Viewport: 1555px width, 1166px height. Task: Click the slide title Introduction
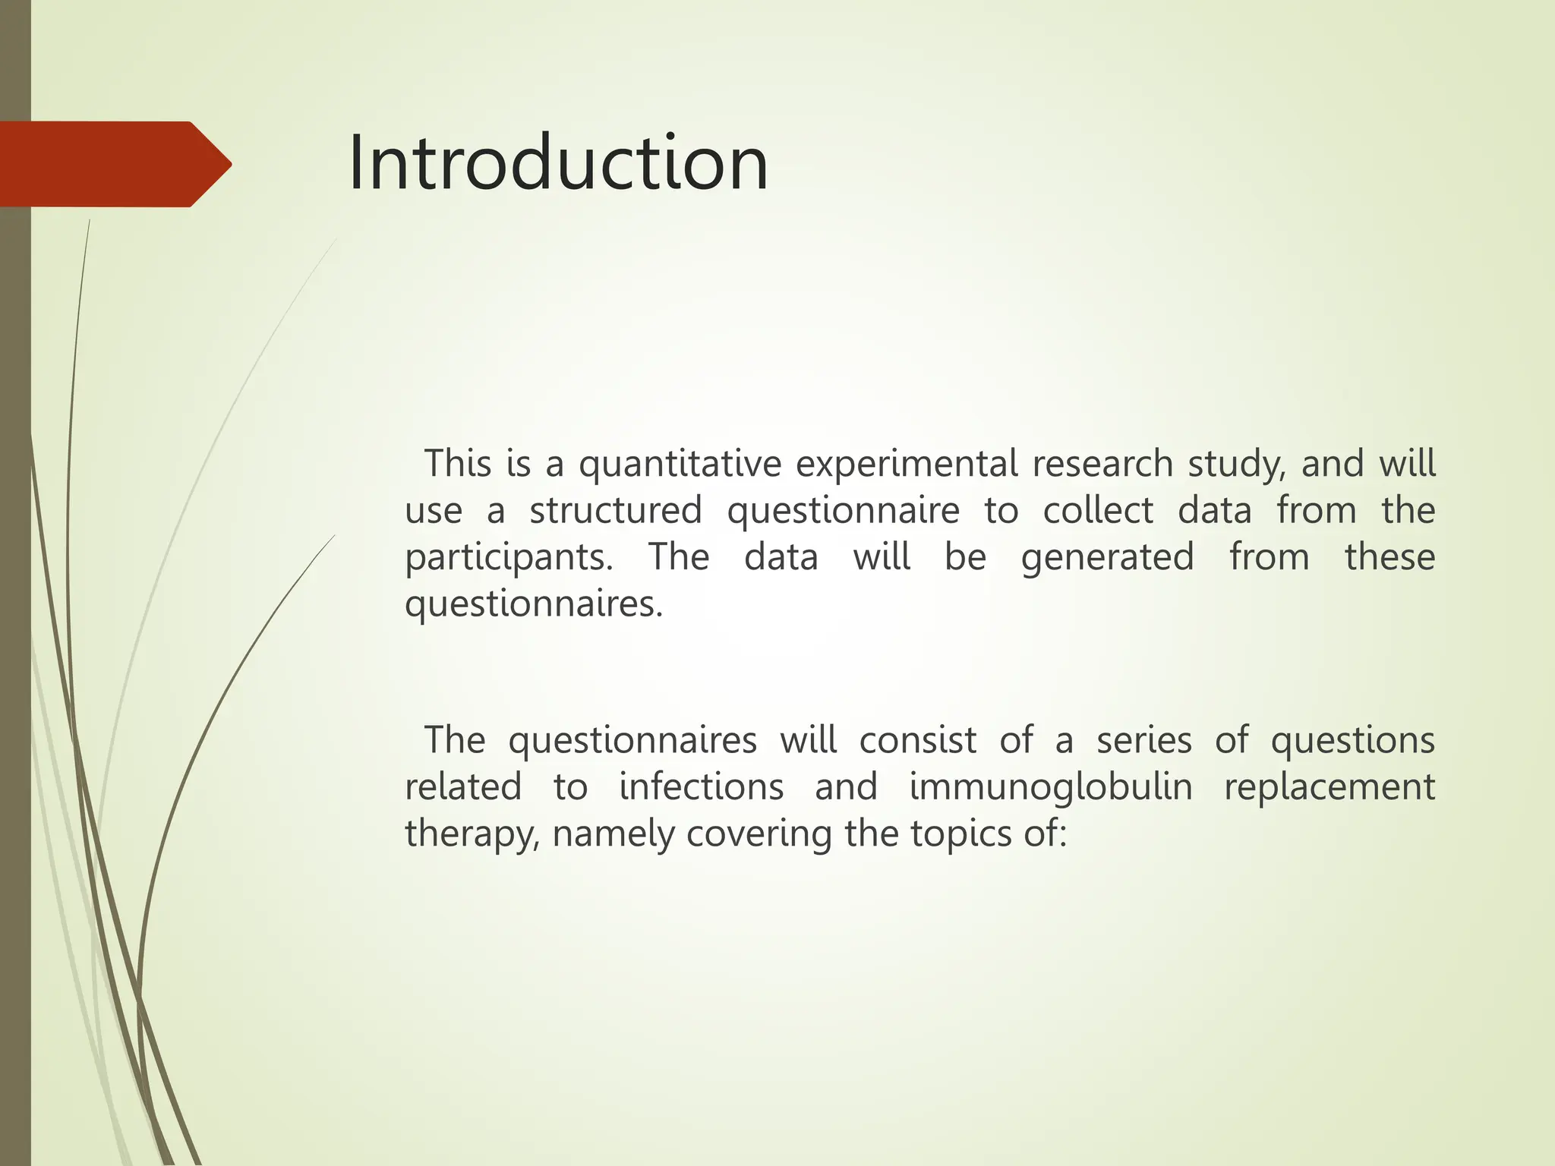(x=558, y=163)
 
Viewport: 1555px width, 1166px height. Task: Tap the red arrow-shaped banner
(x=114, y=164)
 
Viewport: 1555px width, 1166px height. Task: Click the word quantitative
(x=680, y=464)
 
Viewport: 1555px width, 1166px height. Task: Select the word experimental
(x=906, y=464)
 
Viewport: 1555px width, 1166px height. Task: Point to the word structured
(x=616, y=510)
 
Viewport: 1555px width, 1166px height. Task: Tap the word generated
(x=1107, y=558)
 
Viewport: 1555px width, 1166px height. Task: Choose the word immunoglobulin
(x=1051, y=786)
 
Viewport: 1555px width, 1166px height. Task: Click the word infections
(x=701, y=786)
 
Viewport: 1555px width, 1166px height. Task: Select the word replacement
(x=1329, y=786)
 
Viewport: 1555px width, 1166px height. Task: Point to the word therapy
(x=472, y=834)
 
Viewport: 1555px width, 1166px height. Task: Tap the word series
(x=1143, y=739)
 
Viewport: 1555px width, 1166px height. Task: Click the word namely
(x=613, y=834)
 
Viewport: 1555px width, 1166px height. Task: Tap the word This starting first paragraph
(x=457, y=464)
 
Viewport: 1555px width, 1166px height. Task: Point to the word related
(x=463, y=786)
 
